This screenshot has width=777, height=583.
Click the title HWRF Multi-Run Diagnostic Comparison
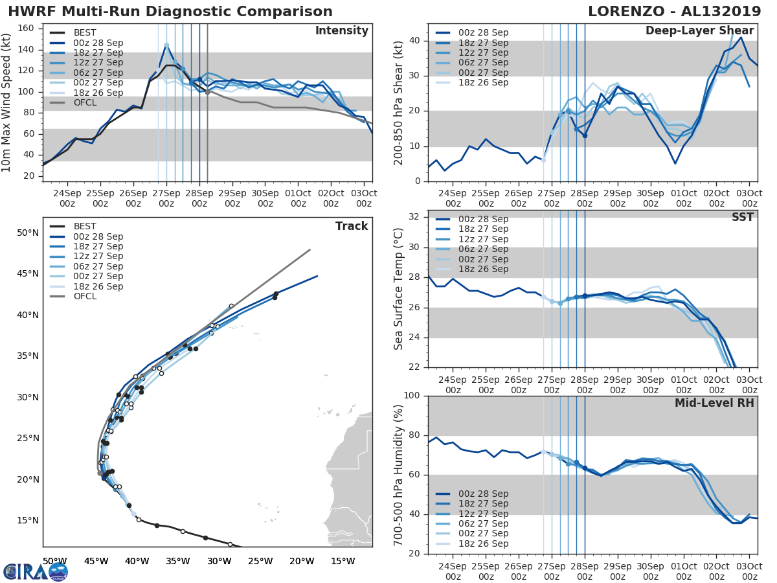pyautogui.click(x=170, y=12)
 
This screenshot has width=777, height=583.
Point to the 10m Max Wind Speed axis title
pyautogui.click(x=6, y=103)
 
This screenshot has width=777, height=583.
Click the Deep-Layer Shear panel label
pyautogui.click(x=699, y=31)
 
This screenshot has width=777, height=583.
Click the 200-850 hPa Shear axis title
pyautogui.click(x=400, y=103)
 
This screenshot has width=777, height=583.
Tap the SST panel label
pyautogui.click(x=742, y=217)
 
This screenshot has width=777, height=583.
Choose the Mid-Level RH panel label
pyautogui.click(x=714, y=403)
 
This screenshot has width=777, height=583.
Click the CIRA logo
pyautogui.click(x=35, y=571)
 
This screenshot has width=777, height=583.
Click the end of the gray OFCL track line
pyautogui.click(x=310, y=249)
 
